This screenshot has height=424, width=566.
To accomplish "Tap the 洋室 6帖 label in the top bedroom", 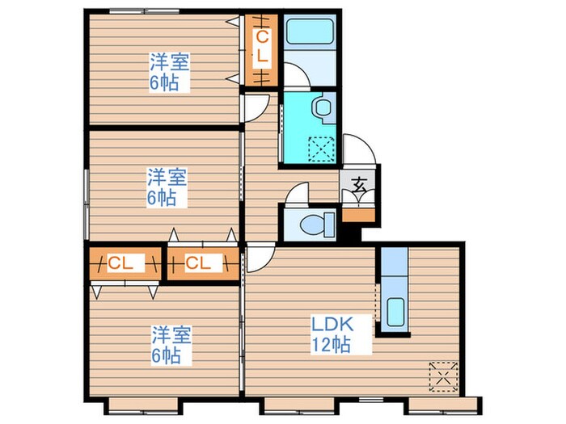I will tap(168, 72).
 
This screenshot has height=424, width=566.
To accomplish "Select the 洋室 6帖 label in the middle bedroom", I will tap(167, 186).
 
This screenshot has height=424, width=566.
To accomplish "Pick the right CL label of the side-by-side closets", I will tap(197, 263).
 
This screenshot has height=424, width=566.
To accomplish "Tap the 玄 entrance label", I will tap(357, 185).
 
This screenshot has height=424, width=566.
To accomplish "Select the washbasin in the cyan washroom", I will tap(324, 107).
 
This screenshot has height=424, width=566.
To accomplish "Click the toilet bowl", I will tap(314, 224).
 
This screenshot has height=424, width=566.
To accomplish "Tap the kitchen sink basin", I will tap(396, 311).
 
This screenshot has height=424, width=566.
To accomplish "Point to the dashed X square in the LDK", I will tap(441, 375).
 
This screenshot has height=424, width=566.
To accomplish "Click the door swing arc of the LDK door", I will tap(259, 258).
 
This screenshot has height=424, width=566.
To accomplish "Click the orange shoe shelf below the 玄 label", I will tap(357, 215).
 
